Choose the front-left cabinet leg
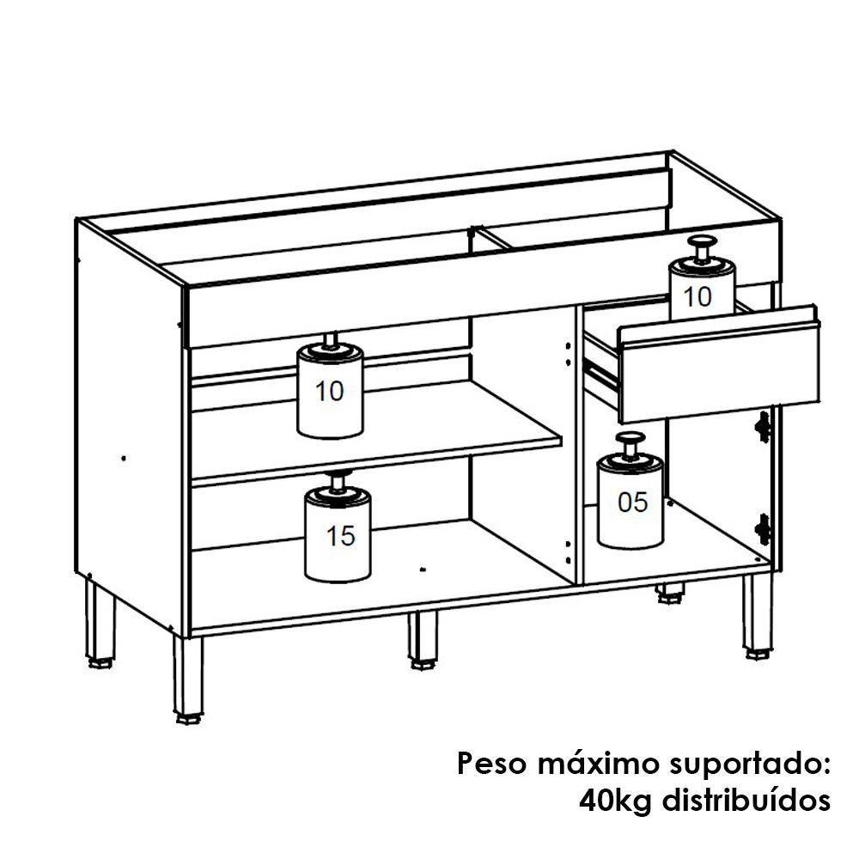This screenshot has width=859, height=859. [x=189, y=679]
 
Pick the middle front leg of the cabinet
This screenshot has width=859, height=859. [x=422, y=640]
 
